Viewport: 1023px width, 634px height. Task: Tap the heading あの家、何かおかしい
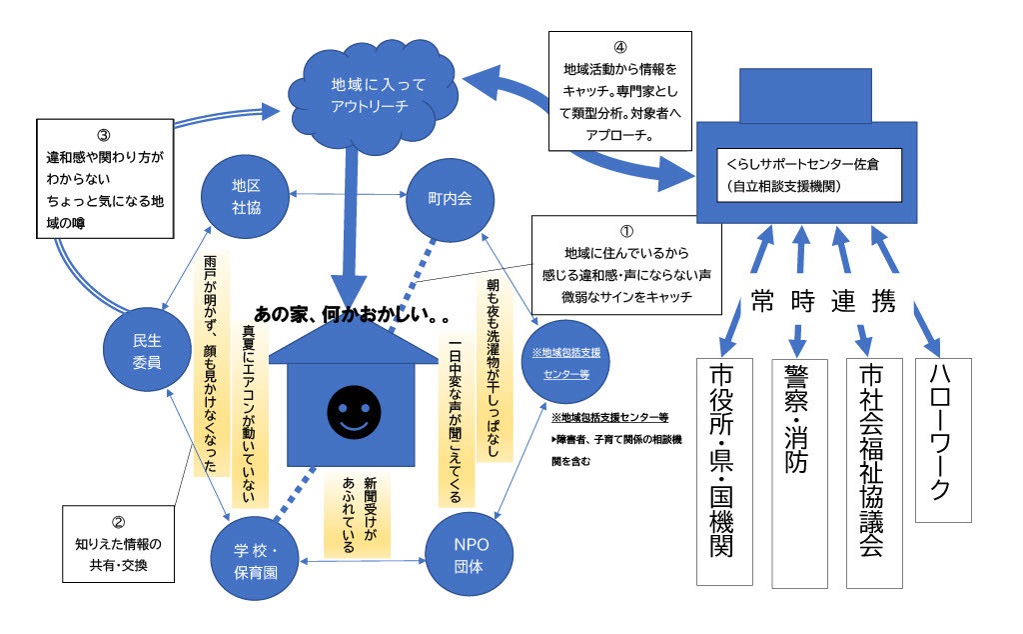[350, 313]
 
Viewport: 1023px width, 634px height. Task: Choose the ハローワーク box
[943, 439]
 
